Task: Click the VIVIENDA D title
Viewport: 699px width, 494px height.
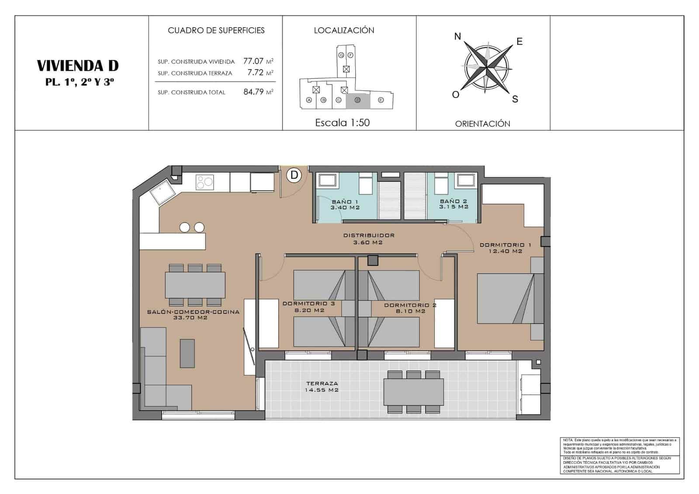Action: point(78,66)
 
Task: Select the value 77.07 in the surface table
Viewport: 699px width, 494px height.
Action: point(253,61)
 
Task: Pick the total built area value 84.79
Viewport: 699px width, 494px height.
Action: point(253,92)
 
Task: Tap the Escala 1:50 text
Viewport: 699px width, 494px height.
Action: point(343,123)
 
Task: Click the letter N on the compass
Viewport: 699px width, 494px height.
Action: point(457,36)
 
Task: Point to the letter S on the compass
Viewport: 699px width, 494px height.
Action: point(515,99)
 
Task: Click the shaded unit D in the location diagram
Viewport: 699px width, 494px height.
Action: point(358,100)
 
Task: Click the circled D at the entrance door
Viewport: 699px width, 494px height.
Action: point(294,175)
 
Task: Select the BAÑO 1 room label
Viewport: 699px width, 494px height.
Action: point(345,204)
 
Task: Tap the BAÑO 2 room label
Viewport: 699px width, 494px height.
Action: point(453,204)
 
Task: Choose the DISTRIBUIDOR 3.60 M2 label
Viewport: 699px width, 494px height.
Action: point(368,238)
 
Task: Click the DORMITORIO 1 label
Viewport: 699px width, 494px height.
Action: point(505,248)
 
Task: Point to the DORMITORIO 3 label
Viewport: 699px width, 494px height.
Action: point(308,307)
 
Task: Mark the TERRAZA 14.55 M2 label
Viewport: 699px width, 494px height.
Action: point(322,386)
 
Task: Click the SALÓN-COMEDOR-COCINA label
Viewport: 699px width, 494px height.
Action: point(193,314)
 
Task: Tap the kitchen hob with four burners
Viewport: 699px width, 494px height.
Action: point(204,182)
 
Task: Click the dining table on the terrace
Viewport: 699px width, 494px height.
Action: point(414,392)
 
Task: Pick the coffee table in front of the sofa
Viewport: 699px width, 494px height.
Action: point(187,353)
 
